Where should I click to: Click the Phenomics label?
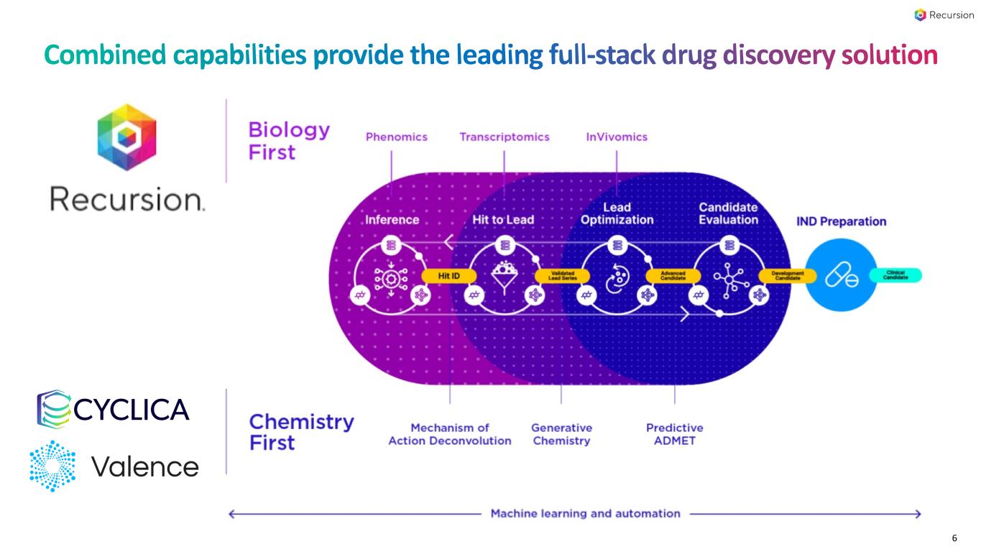point(396,137)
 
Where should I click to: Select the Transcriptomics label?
point(504,137)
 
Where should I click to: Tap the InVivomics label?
point(616,137)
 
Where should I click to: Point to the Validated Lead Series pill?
point(562,275)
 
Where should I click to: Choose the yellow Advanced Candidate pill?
point(673,275)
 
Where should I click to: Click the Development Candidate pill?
point(787,275)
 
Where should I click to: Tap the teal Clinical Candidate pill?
point(895,275)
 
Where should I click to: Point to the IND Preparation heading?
point(841,221)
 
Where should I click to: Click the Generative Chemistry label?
point(561,434)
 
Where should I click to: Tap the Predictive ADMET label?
point(674,434)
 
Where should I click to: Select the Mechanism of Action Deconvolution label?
point(450,434)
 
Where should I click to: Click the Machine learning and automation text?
point(585,513)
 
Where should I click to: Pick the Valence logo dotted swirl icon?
point(52,466)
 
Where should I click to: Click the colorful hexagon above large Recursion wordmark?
point(126,137)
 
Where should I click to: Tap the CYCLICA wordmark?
point(132,410)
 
